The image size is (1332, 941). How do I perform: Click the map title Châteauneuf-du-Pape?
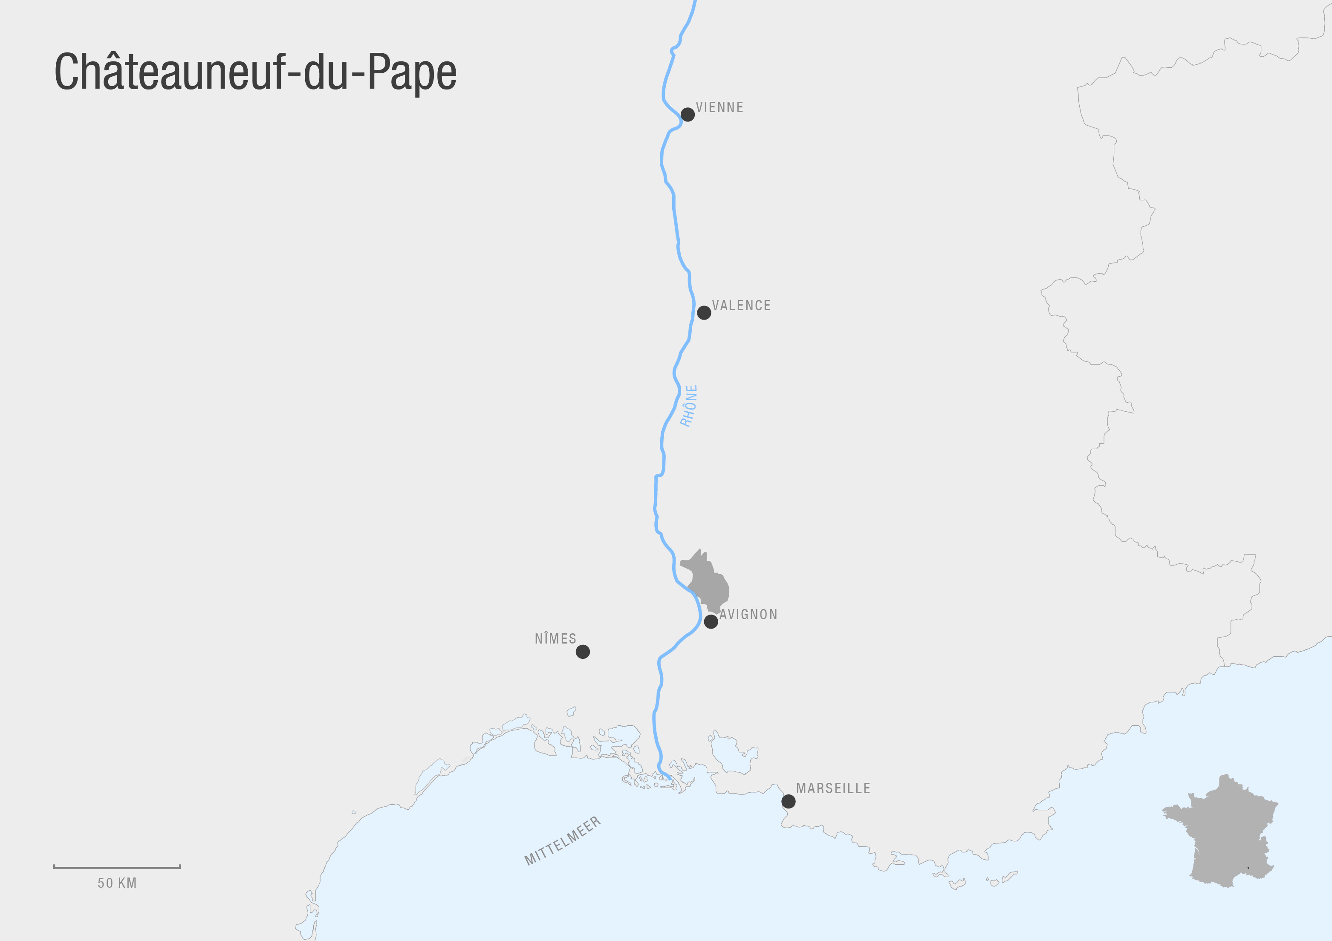coord(255,72)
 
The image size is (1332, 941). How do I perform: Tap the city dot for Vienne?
coord(688,114)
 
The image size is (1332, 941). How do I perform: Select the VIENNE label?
coord(719,107)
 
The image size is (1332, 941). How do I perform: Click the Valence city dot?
coord(704,313)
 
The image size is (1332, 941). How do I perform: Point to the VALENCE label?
coord(741,306)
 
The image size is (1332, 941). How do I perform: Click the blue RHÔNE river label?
coord(689,406)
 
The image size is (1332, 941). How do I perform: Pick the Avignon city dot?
coord(711,622)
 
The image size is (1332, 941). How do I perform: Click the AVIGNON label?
coord(748,615)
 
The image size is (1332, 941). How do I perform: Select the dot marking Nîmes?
coord(583,652)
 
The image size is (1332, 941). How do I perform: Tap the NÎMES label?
coord(555,639)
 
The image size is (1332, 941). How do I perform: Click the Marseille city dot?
coord(788,801)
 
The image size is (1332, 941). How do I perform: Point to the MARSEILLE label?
coord(833,788)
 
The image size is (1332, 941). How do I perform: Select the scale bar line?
coord(117,867)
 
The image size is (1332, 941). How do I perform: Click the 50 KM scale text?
coord(117,883)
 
